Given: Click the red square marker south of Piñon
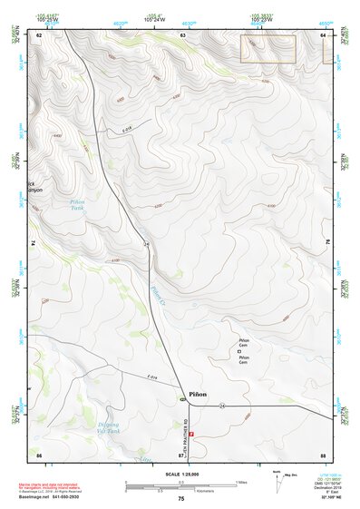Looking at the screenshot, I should pyautogui.click(x=191, y=434).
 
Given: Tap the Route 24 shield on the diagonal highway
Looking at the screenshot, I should pyautogui.click(x=146, y=244).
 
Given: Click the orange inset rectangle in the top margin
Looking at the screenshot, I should pyautogui.click(x=268, y=49).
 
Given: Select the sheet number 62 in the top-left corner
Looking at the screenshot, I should pyautogui.click(x=39, y=35).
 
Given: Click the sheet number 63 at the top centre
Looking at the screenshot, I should pyautogui.click(x=183, y=35).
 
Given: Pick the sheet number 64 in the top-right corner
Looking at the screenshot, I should pyautogui.click(x=323, y=35).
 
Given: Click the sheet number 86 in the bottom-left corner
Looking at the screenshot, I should pyautogui.click(x=39, y=453).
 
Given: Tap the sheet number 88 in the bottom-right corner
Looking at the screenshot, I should pyautogui.click(x=323, y=453).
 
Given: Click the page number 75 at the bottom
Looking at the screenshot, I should pyautogui.click(x=181, y=499).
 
